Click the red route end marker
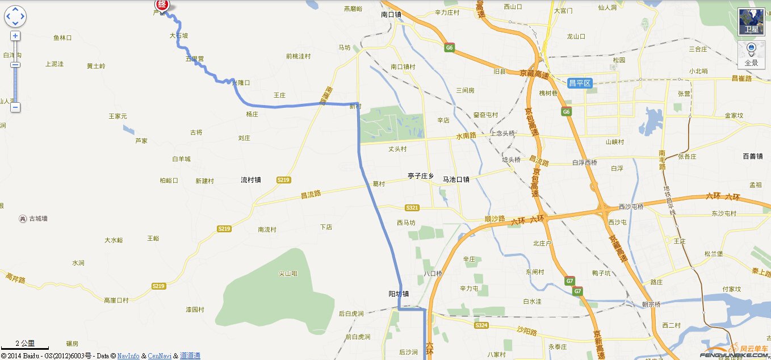[162, 5]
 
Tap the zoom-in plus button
[15, 36]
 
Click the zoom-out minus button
[15, 107]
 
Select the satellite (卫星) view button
[751, 22]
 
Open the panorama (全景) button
[751, 55]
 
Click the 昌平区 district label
[580, 83]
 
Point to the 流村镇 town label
[250, 180]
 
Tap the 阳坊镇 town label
[399, 294]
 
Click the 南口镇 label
[391, 15]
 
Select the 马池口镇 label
[456, 179]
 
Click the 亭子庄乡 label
[421, 177]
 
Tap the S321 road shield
[412, 208]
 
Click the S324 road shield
[481, 325]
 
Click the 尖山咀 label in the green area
[288, 274]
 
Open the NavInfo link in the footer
[128, 356]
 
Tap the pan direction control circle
[15, 16]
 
